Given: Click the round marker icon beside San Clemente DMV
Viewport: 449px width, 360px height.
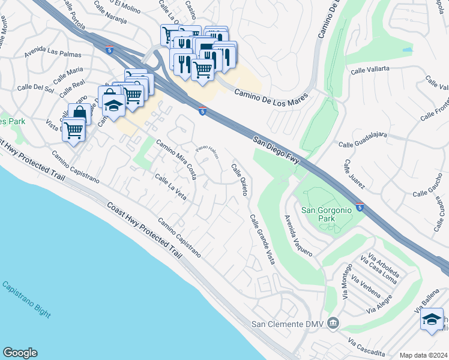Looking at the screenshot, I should pos(333,325).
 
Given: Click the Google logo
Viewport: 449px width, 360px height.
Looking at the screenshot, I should pos(20,353).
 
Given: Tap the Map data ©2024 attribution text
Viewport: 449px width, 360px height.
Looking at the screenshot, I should pos(423,355).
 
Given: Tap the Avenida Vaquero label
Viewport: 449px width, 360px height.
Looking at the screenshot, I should pos(298,236).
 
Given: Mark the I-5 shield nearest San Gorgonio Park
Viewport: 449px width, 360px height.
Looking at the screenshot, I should pos(360,208).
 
